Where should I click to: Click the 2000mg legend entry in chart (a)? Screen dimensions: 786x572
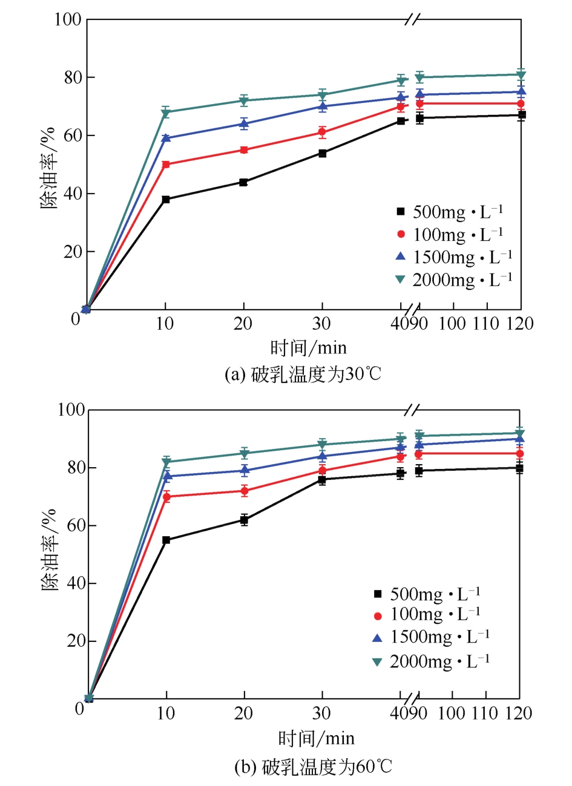(x=454, y=280)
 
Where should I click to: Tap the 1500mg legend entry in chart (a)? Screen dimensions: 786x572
(x=454, y=257)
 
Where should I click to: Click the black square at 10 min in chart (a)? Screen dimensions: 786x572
(x=166, y=199)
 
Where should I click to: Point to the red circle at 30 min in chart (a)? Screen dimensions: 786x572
(x=322, y=132)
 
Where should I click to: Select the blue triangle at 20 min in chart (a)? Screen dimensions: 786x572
(x=244, y=123)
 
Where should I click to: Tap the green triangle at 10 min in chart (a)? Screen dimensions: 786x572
(x=166, y=113)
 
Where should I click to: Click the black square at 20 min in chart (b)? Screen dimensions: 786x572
(x=244, y=519)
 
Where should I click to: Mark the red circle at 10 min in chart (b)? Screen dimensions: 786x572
(x=166, y=497)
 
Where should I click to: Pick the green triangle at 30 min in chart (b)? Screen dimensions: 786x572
(x=322, y=445)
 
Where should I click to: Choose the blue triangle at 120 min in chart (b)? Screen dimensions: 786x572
(x=519, y=439)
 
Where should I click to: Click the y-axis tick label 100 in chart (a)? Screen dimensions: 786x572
(x=68, y=19)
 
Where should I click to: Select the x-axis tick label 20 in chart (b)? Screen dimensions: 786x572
(x=243, y=714)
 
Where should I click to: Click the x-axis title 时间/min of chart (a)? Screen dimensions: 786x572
(x=308, y=347)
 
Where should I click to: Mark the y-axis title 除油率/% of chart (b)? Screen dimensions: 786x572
(x=50, y=550)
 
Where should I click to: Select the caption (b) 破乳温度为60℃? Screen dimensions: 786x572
(x=313, y=767)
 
